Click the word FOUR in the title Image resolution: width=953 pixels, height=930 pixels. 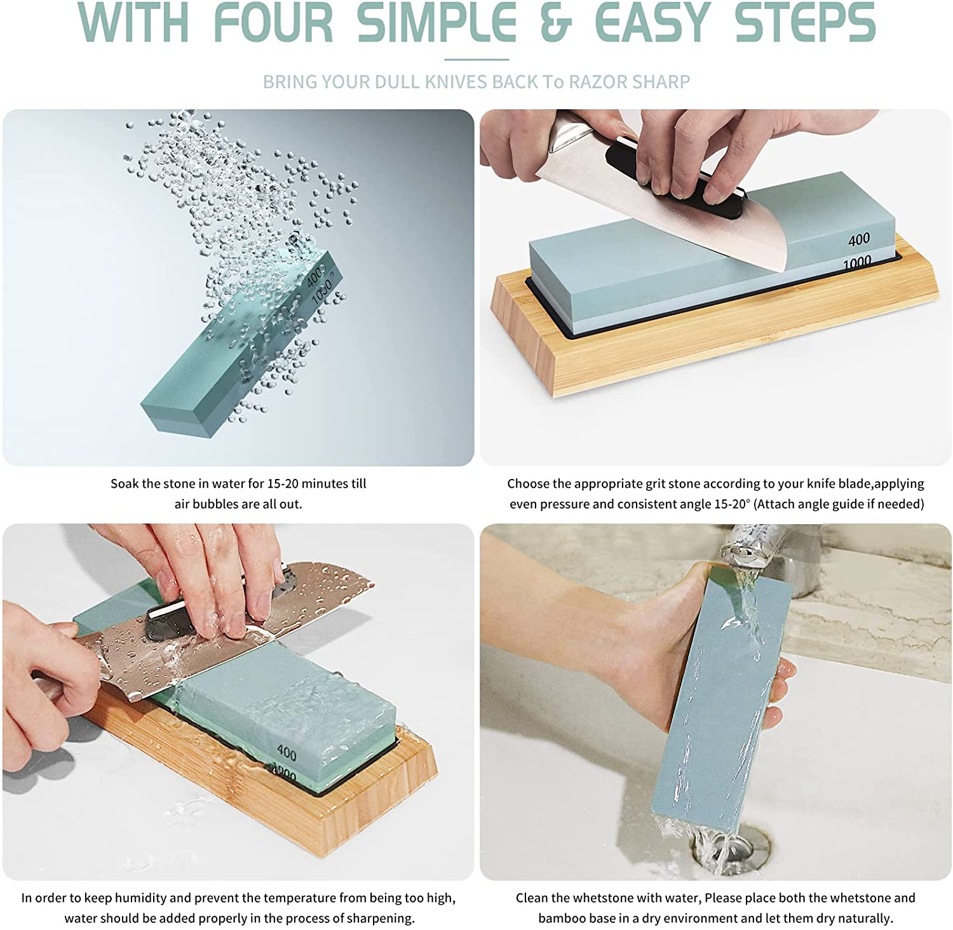[x=273, y=23]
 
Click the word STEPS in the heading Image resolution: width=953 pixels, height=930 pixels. [x=805, y=23]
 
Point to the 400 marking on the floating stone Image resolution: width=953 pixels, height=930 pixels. [x=314, y=277]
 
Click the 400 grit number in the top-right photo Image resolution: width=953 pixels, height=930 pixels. [x=859, y=239]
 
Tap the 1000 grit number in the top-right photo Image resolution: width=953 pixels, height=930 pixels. [x=857, y=262]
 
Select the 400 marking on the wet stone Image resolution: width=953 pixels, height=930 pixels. [x=287, y=753]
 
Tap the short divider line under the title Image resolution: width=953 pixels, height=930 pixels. [x=476, y=60]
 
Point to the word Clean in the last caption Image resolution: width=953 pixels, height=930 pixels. [x=532, y=898]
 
